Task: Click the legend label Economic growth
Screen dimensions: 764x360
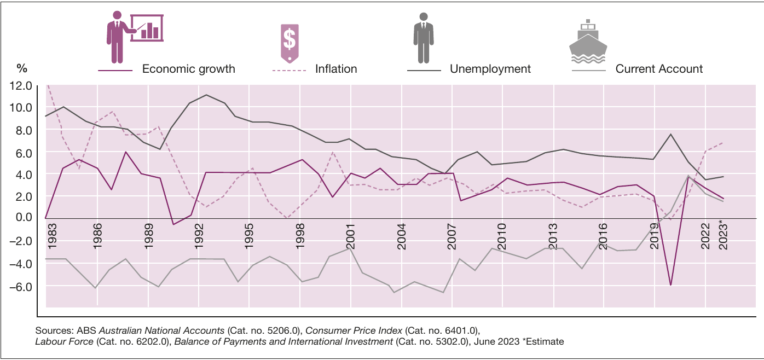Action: coord(189,69)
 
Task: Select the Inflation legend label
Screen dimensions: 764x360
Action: coord(336,69)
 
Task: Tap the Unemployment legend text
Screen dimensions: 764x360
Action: coord(490,69)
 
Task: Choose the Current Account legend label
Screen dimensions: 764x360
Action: coord(659,69)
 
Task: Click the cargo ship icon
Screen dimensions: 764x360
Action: coord(588,42)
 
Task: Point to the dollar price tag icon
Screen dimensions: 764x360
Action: coord(290,43)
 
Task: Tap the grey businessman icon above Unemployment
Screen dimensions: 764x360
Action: coord(424,38)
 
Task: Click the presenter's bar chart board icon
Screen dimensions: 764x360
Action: coord(147,28)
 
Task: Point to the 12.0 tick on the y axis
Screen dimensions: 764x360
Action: coord(21,86)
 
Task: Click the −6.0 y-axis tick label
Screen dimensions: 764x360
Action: coord(21,287)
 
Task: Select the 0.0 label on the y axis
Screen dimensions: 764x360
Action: coord(24,217)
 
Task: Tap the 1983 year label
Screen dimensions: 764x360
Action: coord(52,236)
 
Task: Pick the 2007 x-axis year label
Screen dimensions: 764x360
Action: coord(452,236)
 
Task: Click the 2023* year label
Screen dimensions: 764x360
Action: coord(723,235)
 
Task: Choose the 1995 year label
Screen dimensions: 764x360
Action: coord(249,236)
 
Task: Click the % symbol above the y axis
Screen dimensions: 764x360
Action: coord(22,68)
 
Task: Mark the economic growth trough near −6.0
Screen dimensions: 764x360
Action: coord(670,285)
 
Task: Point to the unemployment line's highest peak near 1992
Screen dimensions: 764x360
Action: coord(206,95)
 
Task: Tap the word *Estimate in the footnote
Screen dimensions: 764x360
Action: coord(543,341)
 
